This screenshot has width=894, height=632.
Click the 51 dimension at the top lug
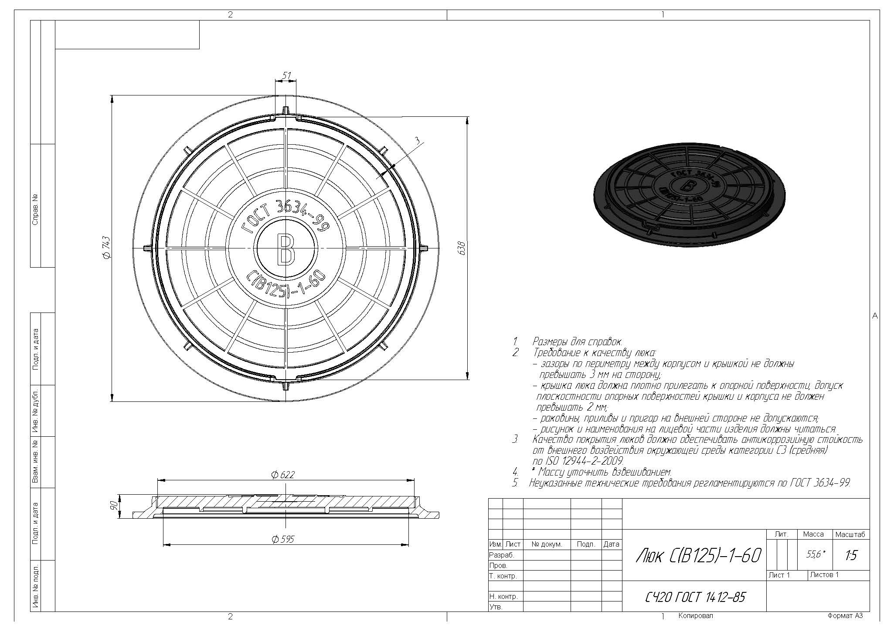click(x=286, y=75)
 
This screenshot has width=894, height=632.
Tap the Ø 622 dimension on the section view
click(x=282, y=475)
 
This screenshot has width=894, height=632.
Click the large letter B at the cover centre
click(x=285, y=249)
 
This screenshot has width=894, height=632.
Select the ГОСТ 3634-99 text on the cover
click(x=285, y=218)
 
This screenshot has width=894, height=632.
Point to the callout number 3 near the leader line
click(x=417, y=140)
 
